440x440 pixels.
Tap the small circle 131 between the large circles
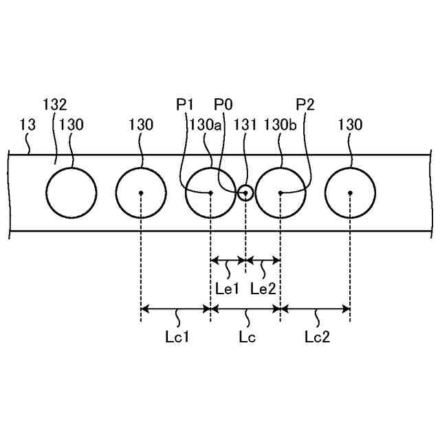click(245, 192)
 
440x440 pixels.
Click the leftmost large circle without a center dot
click(71, 192)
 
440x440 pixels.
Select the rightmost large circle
click(350, 192)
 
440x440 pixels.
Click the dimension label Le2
click(263, 288)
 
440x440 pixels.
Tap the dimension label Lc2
click(318, 337)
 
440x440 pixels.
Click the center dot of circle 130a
click(210, 192)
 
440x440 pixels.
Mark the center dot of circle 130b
click(280, 192)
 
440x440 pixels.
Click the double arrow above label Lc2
click(316, 309)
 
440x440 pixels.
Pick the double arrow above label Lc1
click(175, 309)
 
